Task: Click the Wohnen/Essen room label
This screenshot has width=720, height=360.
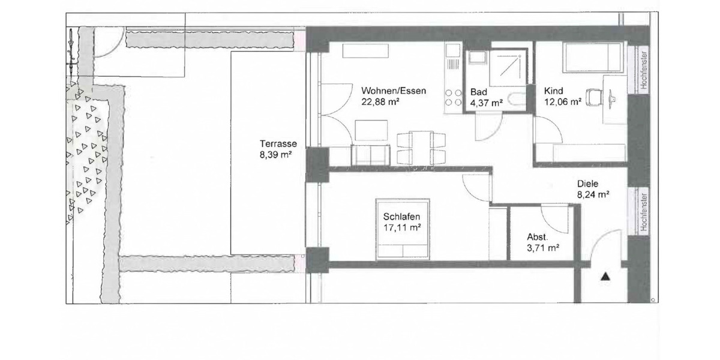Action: (x=394, y=91)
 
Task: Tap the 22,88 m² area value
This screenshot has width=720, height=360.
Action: (x=380, y=101)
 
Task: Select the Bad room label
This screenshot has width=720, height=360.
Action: (x=479, y=92)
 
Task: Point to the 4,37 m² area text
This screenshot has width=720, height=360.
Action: (x=487, y=103)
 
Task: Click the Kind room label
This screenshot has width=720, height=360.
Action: (x=553, y=91)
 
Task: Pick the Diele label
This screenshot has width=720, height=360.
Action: (x=589, y=185)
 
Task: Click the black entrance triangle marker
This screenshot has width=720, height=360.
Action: (x=605, y=277)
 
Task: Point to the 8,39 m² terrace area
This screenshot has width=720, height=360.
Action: (x=275, y=154)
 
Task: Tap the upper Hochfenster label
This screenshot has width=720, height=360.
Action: (x=643, y=69)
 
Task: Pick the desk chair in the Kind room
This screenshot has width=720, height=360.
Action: (x=593, y=96)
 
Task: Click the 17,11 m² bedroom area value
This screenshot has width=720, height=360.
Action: (x=401, y=227)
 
